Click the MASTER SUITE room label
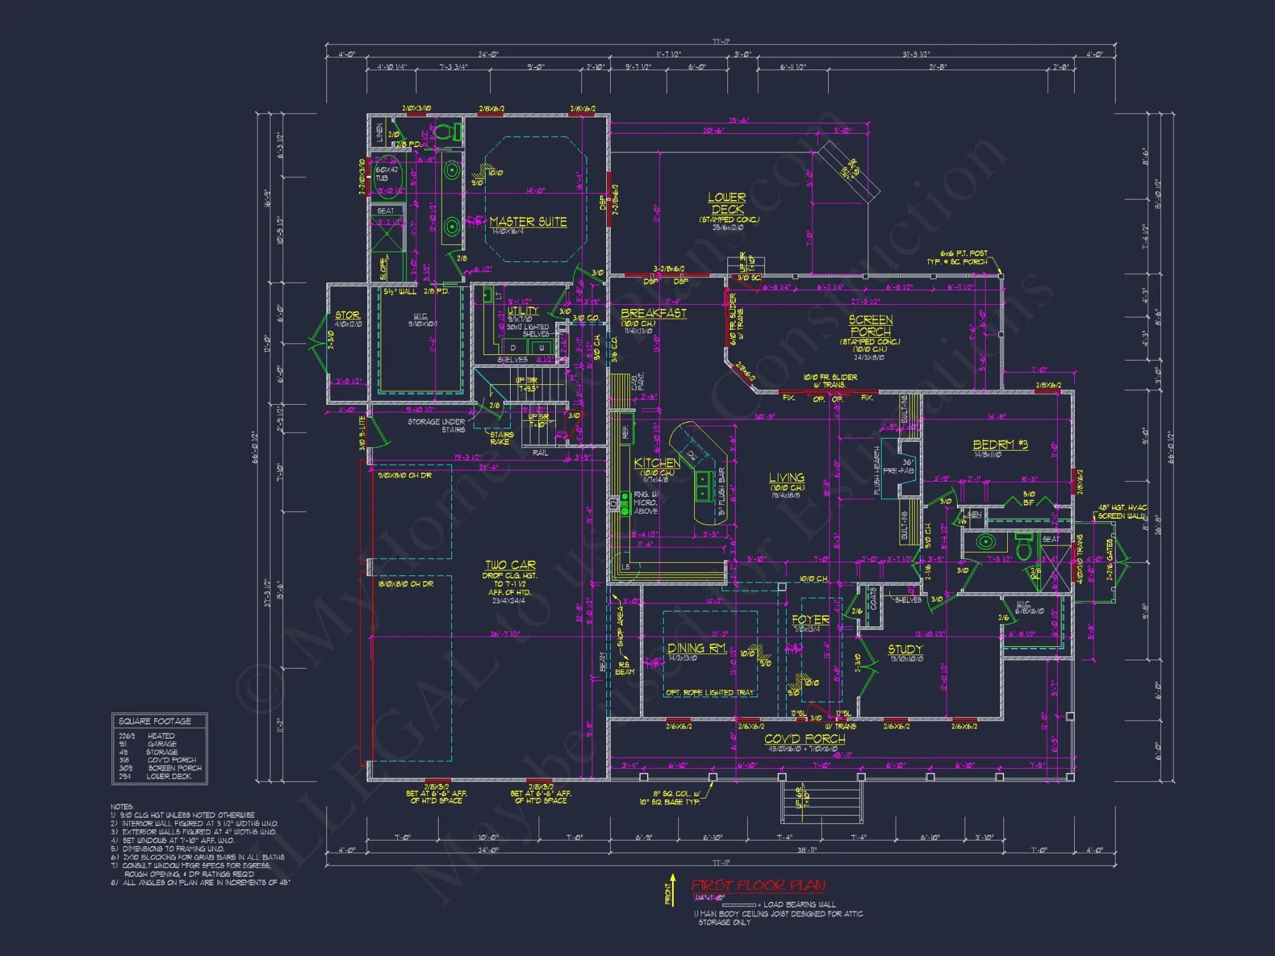528,222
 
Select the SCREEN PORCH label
870,326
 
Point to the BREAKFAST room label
653,313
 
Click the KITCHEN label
657,463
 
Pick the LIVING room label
786,477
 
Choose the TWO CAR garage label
510,565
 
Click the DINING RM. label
697,648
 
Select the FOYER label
810,619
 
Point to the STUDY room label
905,649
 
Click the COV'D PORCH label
805,739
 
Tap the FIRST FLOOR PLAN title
758,885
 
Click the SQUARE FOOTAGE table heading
155,721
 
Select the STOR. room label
347,315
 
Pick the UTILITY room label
523,310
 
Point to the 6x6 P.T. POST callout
963,254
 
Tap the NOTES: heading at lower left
122,806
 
